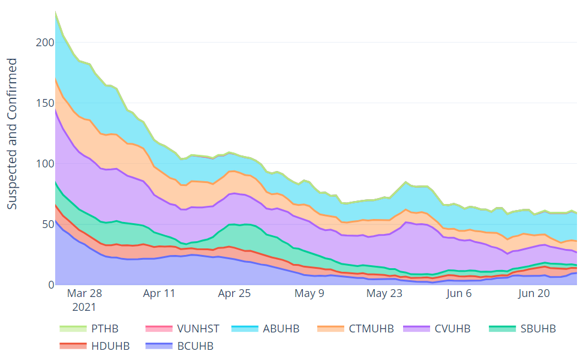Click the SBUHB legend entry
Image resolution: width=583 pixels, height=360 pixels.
[536, 329]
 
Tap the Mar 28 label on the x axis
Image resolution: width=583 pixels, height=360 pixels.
[85, 293]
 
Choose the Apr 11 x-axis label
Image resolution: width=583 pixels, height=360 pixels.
[159, 293]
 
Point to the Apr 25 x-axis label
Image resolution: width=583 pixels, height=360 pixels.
[234, 293]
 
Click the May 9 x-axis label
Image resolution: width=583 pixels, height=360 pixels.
[309, 293]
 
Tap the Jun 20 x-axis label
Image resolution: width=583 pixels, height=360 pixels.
[534, 293]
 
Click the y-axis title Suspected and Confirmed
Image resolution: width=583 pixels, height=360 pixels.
[13, 134]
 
